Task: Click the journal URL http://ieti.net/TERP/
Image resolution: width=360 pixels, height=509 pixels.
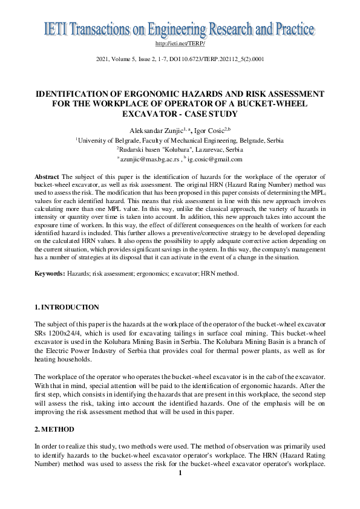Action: pyautogui.click(x=180, y=44)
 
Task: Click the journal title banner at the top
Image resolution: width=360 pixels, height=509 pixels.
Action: pyautogui.click(x=180, y=28)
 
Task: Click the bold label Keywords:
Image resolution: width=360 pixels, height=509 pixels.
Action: pyautogui.click(x=50, y=274)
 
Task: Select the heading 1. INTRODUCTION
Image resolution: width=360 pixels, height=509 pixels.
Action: pyautogui.click(x=67, y=307)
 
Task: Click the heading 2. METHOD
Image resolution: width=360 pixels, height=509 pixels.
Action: pyautogui.click(x=55, y=430)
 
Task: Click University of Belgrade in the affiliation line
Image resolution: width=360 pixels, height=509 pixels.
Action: pyautogui.click(x=105, y=140)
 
